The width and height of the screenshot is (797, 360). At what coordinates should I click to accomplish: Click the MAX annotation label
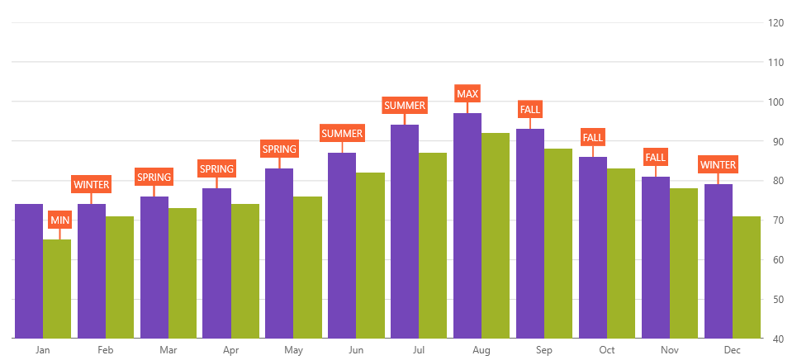pyautogui.click(x=467, y=93)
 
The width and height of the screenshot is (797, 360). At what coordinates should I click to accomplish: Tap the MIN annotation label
pyautogui.click(x=59, y=220)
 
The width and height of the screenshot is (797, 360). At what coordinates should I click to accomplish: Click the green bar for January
pyautogui.click(x=57, y=289)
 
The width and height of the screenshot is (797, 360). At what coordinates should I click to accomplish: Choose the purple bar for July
pyautogui.click(x=405, y=231)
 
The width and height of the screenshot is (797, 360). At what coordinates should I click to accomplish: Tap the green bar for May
pyautogui.click(x=307, y=268)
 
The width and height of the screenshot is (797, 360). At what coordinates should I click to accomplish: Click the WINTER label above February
pyautogui.click(x=91, y=184)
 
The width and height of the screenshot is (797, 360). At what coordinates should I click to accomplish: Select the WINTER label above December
pyautogui.click(x=718, y=165)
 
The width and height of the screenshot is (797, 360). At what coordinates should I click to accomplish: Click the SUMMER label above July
pyautogui.click(x=405, y=106)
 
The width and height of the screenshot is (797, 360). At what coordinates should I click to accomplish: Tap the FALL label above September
pyautogui.click(x=530, y=110)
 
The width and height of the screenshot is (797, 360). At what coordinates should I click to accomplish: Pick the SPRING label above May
pyautogui.click(x=279, y=149)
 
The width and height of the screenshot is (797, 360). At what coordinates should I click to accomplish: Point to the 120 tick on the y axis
pyautogui.click(x=776, y=23)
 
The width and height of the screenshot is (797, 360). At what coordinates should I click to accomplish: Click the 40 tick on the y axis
pyautogui.click(x=776, y=339)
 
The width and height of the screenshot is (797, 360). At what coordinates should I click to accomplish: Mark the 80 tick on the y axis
pyautogui.click(x=776, y=181)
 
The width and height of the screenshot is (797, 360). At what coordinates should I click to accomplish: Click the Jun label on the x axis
pyautogui.click(x=356, y=351)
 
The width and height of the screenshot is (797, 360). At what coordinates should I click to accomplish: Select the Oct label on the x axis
pyautogui.click(x=606, y=351)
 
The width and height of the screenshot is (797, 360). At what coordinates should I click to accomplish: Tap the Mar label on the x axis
pyautogui.click(x=168, y=351)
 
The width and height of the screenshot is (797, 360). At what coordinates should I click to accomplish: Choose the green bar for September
pyautogui.click(x=558, y=244)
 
